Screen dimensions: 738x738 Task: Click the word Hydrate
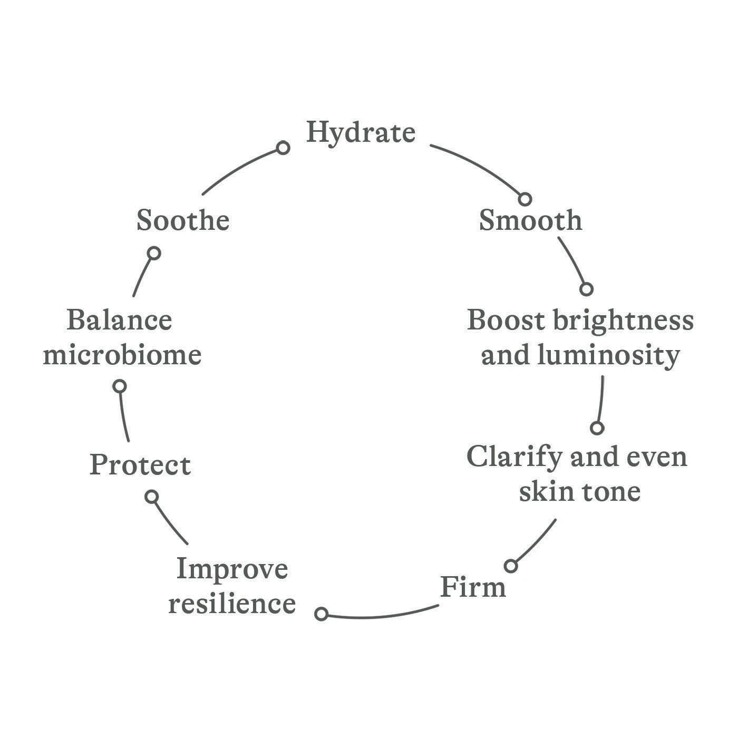[361, 132]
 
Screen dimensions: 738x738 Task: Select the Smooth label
[530, 220]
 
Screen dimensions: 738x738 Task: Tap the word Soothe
[183, 220]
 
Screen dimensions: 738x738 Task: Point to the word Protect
[140, 465]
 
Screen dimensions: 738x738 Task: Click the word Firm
[473, 587]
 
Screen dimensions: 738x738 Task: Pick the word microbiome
[122, 355]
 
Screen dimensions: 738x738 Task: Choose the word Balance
[120, 321]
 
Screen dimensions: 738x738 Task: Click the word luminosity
[608, 356]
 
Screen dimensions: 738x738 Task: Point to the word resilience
[232, 604]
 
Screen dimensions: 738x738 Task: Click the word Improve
[232, 569]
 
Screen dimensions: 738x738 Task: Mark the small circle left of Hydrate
[283, 148]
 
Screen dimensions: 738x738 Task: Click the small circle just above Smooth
[525, 199]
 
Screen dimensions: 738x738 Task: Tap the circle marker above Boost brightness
[586, 289]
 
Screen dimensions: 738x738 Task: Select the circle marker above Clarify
[597, 428]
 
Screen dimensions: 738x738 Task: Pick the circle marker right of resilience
[321, 614]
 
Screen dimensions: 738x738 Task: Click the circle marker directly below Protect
[152, 497]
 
